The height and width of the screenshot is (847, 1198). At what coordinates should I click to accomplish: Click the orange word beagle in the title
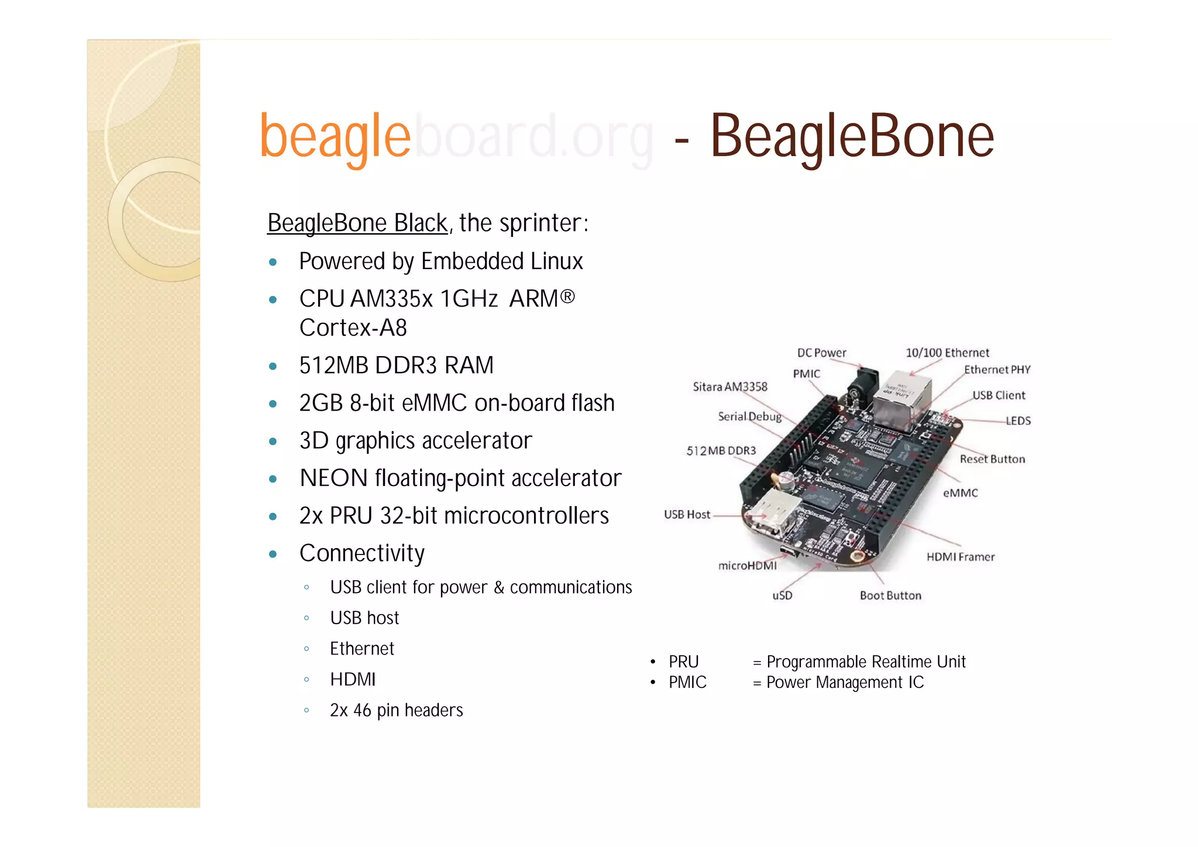tap(335, 137)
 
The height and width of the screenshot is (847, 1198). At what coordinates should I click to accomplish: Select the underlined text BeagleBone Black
tap(357, 223)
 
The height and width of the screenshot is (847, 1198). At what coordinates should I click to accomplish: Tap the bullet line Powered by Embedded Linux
tap(440, 261)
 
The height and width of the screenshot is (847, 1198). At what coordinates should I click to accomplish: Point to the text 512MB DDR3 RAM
tap(396, 365)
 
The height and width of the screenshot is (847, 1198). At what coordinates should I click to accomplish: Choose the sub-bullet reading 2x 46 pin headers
tap(396, 710)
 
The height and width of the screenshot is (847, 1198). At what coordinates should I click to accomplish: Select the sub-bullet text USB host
tap(364, 618)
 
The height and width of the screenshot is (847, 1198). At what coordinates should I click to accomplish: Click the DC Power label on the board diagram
tap(821, 353)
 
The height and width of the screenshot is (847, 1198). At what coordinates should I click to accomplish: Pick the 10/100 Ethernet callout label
tap(947, 353)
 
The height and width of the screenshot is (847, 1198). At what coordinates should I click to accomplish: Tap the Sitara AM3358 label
tap(729, 387)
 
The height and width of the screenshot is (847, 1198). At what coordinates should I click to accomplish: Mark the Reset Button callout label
tap(992, 459)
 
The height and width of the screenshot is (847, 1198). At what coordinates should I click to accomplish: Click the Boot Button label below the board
tap(890, 595)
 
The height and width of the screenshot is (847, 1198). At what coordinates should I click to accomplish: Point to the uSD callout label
tap(782, 595)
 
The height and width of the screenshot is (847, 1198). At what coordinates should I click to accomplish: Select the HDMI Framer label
tap(960, 557)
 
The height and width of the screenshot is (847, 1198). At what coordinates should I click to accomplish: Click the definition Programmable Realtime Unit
tap(866, 662)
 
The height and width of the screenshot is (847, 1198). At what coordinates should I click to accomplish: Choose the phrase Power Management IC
tap(845, 682)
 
